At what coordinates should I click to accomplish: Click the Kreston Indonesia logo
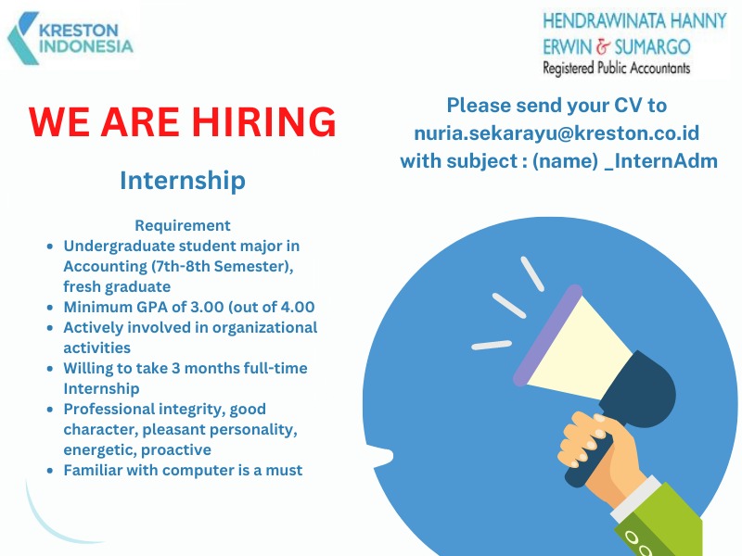(70, 38)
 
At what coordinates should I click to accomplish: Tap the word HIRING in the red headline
(263, 121)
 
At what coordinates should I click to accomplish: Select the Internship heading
(183, 180)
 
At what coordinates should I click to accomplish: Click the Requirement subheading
(183, 225)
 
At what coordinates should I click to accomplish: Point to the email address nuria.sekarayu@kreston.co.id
(556, 133)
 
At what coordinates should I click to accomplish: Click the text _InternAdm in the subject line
(661, 161)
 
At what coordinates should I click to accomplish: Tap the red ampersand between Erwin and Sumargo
(604, 47)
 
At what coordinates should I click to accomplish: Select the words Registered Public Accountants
(616, 68)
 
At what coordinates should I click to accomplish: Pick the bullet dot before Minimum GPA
(50, 308)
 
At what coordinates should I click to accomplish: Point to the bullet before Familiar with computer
(50, 471)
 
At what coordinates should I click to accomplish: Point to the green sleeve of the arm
(662, 524)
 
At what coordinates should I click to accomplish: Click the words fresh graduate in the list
(117, 286)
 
